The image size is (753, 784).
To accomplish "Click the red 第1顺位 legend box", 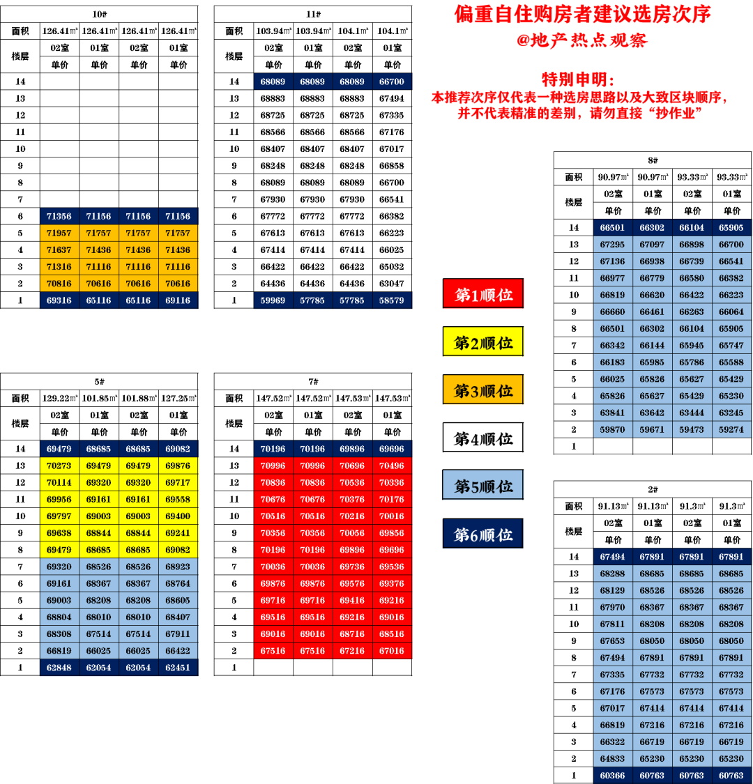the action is [483, 294].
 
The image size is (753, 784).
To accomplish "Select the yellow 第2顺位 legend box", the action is [483, 342].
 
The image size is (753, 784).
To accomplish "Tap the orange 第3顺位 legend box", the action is [483, 390].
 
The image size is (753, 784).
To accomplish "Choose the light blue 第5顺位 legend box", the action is [483, 486].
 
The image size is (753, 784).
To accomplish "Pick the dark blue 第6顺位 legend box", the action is [483, 535].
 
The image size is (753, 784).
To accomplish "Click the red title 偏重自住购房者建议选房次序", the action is [582, 14].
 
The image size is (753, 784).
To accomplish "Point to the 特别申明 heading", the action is [578, 79].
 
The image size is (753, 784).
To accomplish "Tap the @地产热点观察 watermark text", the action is [582, 40].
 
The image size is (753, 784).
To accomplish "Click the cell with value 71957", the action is [59, 233].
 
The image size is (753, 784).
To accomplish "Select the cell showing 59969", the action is [273, 300].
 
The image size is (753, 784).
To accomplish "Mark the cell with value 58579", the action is [392, 300].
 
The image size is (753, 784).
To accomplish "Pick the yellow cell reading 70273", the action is [59, 466].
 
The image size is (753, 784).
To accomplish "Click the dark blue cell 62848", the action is [59, 668].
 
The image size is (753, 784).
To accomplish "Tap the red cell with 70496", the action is [392, 466].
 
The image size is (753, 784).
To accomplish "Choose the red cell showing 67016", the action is [392, 651].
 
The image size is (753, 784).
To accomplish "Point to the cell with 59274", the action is [731, 429].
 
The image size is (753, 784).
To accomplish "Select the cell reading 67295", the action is [612, 244].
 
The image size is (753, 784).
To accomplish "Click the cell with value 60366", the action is [612, 775].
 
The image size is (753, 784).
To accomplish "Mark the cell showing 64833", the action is [612, 758].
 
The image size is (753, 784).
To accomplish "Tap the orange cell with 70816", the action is [59, 284].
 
